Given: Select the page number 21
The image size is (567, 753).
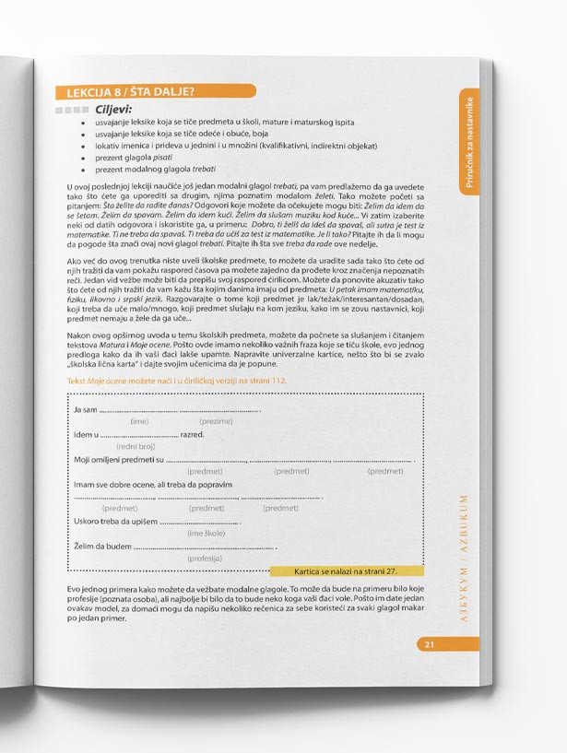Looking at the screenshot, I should (x=430, y=644).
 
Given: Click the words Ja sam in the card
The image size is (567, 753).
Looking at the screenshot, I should (x=85, y=409).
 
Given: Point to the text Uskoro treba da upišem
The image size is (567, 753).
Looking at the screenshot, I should (x=116, y=522).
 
